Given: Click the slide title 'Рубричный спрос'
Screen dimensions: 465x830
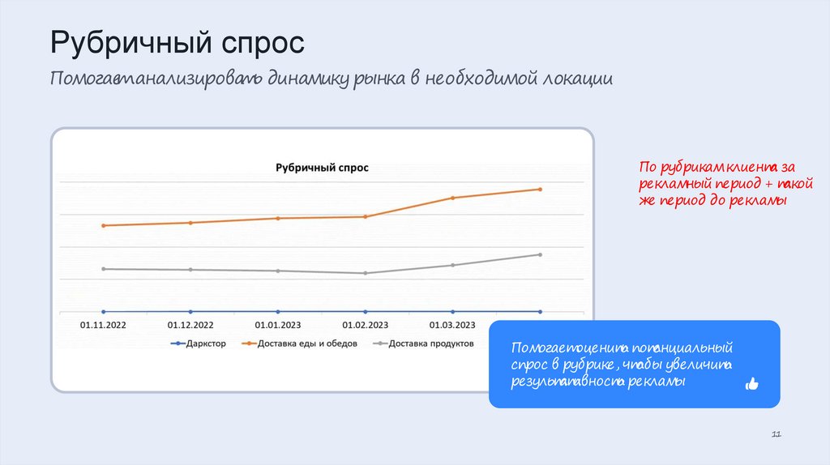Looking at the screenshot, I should click(x=178, y=42).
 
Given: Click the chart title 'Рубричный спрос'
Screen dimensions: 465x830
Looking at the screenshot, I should click(x=322, y=168).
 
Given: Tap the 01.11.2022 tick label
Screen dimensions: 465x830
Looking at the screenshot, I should click(x=103, y=325).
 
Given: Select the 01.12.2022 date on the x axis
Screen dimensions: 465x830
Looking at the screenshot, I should click(x=190, y=325).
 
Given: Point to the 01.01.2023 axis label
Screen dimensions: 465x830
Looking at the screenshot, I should click(x=278, y=325).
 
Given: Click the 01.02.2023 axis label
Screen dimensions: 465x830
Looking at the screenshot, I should click(x=366, y=325).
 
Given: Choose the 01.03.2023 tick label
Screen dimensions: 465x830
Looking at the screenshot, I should click(x=452, y=325).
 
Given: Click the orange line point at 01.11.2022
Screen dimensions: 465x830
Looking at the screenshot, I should click(x=103, y=225).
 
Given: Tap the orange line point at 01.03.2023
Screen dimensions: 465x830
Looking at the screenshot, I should click(x=453, y=198).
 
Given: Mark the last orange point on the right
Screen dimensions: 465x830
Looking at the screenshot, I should click(x=540, y=190).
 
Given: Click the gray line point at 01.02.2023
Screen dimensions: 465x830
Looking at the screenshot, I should click(x=366, y=273).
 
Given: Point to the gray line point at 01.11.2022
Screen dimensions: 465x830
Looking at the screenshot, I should click(x=103, y=269).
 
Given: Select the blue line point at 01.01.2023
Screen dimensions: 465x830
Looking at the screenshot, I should click(x=278, y=311).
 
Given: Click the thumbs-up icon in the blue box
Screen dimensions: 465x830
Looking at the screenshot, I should click(x=751, y=384).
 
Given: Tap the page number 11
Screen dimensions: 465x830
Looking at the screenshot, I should click(x=776, y=436).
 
